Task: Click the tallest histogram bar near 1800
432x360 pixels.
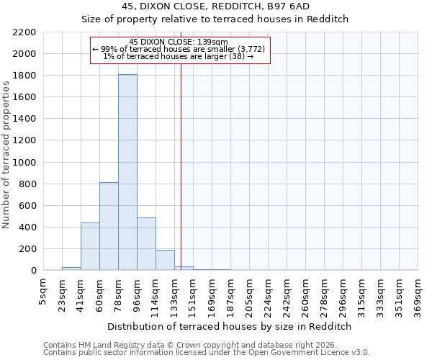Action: click(127, 173)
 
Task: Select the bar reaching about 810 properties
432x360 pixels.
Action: click(109, 227)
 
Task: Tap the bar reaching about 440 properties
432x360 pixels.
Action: click(90, 247)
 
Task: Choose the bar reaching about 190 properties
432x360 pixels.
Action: click(165, 260)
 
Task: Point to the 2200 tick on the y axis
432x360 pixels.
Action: click(26, 32)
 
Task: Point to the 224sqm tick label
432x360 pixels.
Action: click(269, 294)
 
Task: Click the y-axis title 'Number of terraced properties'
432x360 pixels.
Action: click(6, 155)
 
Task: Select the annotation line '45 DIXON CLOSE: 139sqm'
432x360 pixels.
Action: click(179, 42)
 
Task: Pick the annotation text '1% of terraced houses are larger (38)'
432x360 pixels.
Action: click(179, 56)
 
